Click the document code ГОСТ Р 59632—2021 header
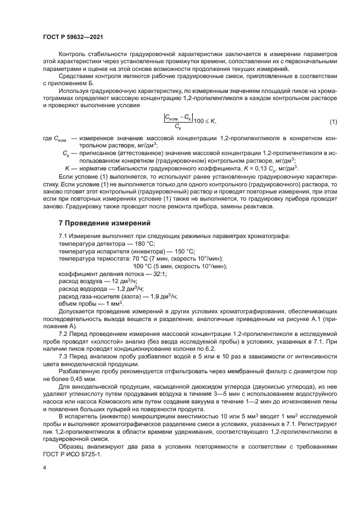[73, 37]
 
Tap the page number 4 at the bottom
[44, 467]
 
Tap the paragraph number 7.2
[64, 334]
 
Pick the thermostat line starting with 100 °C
[180, 266]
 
